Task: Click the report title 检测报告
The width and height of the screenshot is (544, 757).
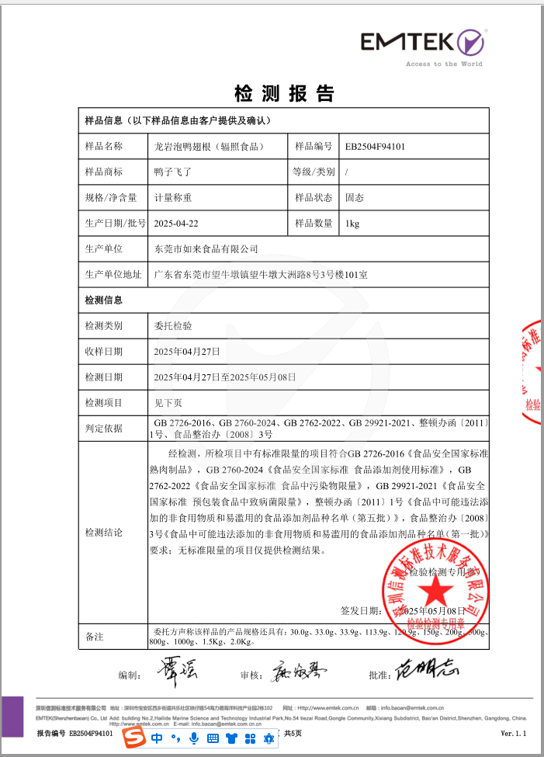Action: (284, 94)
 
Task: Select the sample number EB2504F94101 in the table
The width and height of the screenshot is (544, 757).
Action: (376, 146)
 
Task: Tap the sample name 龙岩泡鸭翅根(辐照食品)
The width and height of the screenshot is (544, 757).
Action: (206, 146)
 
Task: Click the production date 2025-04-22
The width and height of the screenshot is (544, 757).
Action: (176, 223)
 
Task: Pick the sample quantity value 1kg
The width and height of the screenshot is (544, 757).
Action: (352, 223)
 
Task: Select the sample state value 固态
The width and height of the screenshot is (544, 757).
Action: (355, 197)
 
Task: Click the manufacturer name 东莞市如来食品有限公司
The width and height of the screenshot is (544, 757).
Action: (206, 248)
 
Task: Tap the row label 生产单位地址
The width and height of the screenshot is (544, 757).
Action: (113, 274)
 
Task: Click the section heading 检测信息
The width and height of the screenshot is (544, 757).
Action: (103, 300)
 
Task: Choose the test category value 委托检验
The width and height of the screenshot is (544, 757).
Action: (173, 326)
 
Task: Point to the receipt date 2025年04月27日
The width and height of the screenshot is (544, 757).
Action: (187, 352)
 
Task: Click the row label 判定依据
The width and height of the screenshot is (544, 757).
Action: (103, 428)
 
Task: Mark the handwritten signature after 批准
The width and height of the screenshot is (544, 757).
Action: (425, 668)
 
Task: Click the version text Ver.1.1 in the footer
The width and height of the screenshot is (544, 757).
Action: (514, 733)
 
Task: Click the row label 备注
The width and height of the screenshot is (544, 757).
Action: (94, 637)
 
